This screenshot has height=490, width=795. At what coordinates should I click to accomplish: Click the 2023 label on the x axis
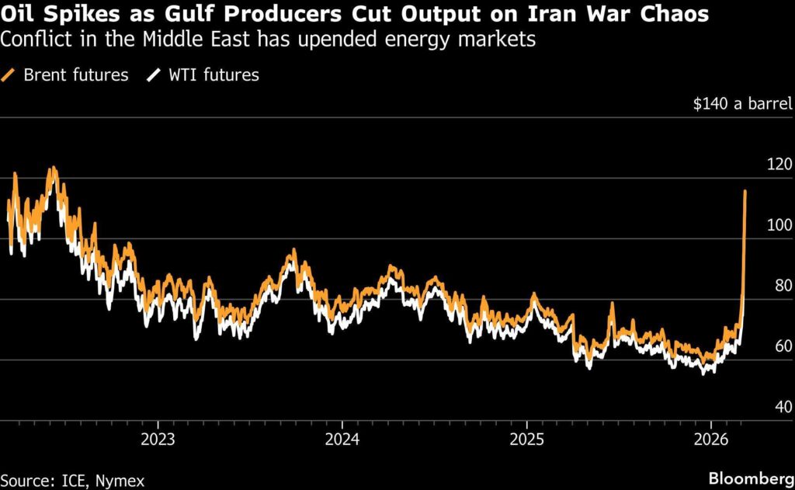[158, 439]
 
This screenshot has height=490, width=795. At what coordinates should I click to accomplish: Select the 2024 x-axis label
[342, 439]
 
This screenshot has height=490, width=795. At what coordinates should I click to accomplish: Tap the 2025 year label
[527, 439]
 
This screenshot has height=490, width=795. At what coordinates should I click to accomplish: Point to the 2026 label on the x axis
[711, 439]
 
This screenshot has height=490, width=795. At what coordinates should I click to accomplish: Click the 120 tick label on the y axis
[779, 164]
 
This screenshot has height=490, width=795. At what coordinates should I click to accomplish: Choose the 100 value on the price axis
[779, 224]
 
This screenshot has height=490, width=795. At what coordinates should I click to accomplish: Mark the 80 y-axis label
[783, 286]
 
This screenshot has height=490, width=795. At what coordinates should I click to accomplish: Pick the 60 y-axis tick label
[783, 346]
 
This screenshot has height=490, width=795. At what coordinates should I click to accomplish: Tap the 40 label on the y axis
[783, 407]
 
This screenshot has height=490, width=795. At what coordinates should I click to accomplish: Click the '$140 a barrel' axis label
[742, 103]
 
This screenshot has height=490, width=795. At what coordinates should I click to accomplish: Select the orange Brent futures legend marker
[8, 75]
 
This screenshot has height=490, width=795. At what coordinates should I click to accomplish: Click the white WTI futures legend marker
[154, 75]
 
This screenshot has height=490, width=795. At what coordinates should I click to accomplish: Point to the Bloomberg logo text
[752, 478]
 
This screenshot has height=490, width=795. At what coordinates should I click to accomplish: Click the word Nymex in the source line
[120, 481]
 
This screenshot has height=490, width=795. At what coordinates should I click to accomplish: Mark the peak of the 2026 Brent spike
[745, 191]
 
